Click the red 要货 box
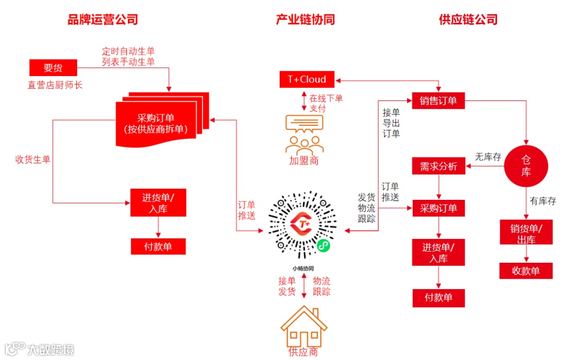(x=53, y=68)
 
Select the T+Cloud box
(x=307, y=80)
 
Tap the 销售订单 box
(x=438, y=100)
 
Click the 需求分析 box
(x=438, y=167)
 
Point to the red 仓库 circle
(x=526, y=165)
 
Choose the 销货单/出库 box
(x=526, y=233)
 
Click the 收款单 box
(x=526, y=271)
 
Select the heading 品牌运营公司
(x=103, y=20)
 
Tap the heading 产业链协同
(x=305, y=20)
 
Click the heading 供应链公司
(x=468, y=20)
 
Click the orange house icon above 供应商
(x=303, y=327)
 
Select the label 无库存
(x=488, y=156)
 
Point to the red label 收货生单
(x=33, y=159)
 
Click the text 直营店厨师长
(x=55, y=85)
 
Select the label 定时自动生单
(x=128, y=52)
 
